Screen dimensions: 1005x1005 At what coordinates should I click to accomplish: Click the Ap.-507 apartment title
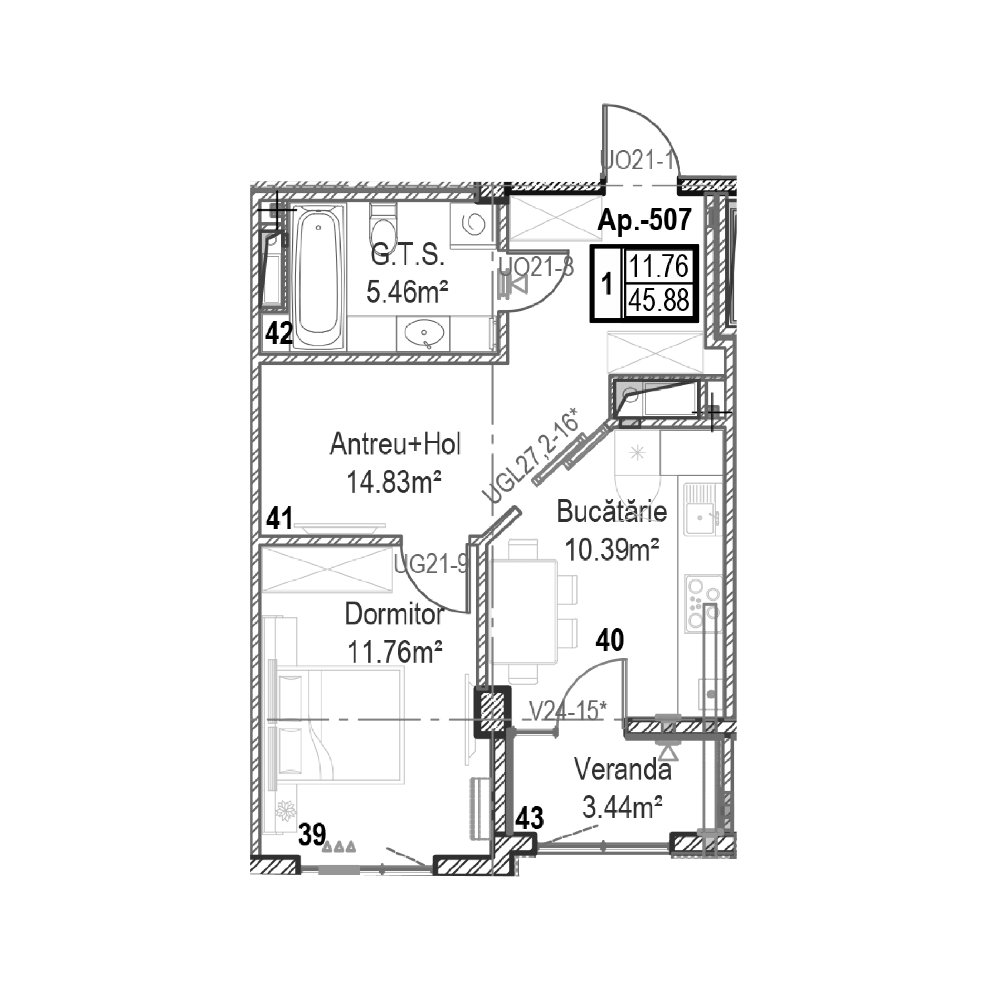(x=645, y=219)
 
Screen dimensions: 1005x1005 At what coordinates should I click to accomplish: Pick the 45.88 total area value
(x=659, y=300)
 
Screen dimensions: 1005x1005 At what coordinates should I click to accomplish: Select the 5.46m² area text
(x=407, y=291)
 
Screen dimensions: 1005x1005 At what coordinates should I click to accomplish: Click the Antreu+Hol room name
(x=395, y=445)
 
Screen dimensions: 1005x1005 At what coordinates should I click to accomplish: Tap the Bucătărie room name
(x=612, y=512)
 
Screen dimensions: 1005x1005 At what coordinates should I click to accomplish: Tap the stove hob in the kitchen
(x=703, y=604)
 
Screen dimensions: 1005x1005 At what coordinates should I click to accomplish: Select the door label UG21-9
(x=431, y=565)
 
